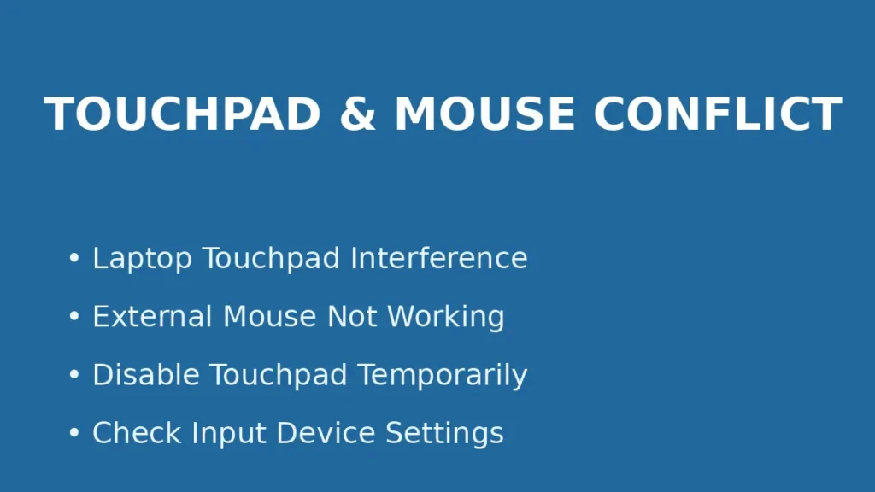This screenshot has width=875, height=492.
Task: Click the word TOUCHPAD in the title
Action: (182, 114)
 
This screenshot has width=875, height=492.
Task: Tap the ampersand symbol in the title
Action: (357, 114)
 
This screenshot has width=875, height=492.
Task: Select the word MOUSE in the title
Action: (484, 114)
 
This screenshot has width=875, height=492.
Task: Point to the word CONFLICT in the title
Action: (718, 114)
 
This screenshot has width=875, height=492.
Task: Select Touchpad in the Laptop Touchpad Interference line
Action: (272, 259)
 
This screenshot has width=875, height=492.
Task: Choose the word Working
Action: (445, 318)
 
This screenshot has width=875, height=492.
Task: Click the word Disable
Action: (146, 375)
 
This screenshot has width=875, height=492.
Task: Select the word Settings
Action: (444, 434)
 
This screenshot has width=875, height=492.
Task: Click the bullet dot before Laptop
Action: (74, 259)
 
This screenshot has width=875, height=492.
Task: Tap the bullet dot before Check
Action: (74, 434)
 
